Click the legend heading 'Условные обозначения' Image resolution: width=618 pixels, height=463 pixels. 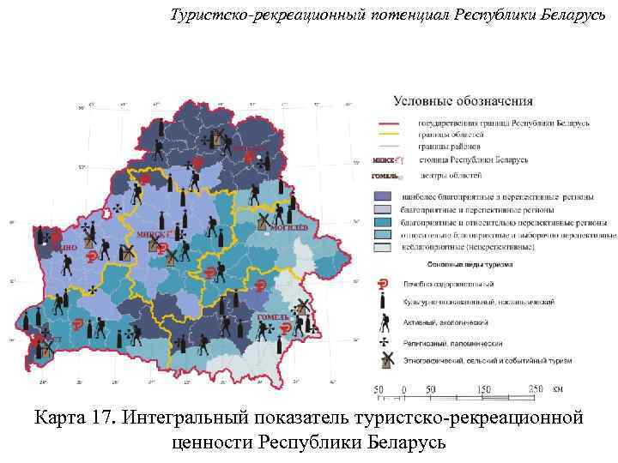[x=463, y=101]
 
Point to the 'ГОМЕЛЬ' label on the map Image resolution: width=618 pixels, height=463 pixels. [x=272, y=317]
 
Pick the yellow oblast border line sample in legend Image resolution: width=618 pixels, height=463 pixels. [x=391, y=135]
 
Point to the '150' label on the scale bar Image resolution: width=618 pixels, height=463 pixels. [x=483, y=391]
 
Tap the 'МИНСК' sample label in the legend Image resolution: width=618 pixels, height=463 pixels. [x=384, y=160]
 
